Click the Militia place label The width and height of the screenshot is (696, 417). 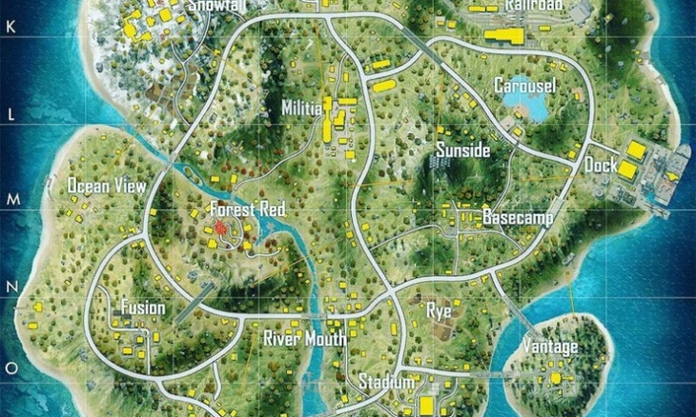[x=301, y=109]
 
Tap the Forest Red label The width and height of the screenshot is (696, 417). [x=247, y=208]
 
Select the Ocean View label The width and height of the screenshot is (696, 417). [x=106, y=186]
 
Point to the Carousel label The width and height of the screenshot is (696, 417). [x=524, y=86]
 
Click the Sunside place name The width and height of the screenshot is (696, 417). [x=462, y=150]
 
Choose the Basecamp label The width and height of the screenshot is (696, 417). [x=518, y=217]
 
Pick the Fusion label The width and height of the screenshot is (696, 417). [x=142, y=308]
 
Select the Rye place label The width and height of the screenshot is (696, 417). [x=439, y=310]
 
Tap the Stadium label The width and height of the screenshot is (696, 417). [x=386, y=383]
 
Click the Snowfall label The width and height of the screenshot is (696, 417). [x=217, y=6]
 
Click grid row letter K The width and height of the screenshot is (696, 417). [x=11, y=29]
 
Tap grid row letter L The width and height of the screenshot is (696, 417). [x=11, y=113]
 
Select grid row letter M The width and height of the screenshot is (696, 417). [x=11, y=199]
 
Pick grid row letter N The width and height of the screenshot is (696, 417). [x=11, y=285]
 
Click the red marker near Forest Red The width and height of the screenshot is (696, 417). [x=221, y=228]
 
